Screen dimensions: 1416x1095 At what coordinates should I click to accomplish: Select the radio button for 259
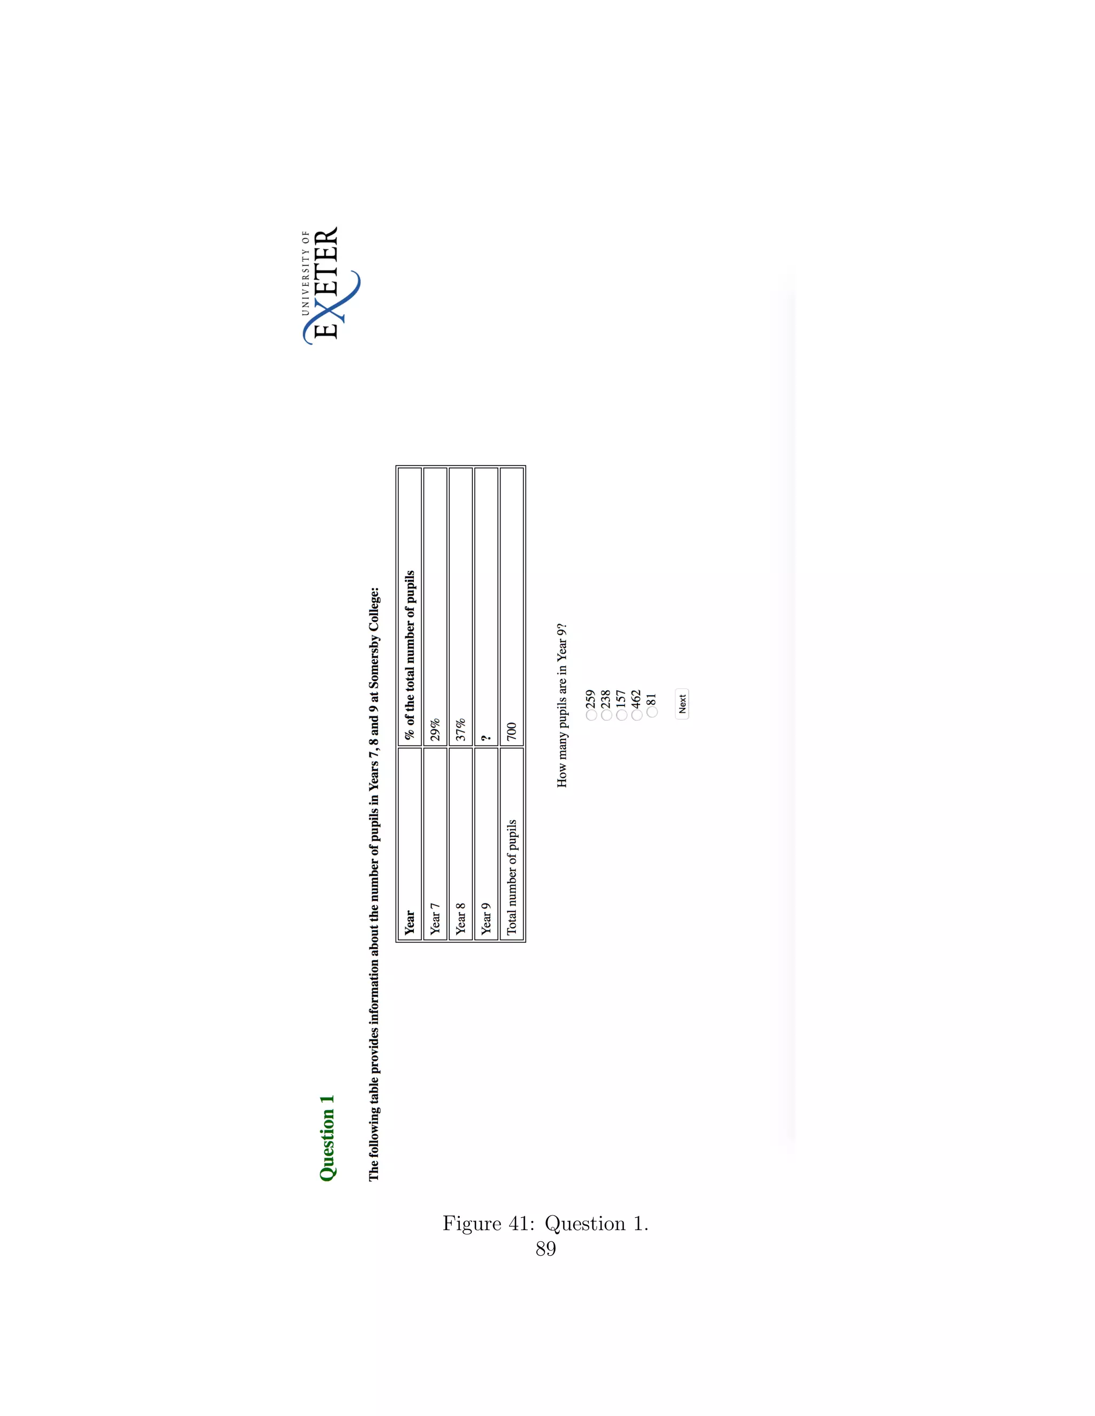coord(591,714)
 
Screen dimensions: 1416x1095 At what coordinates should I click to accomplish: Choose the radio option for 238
coord(606,714)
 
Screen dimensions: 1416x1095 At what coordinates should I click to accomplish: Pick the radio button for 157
coord(621,714)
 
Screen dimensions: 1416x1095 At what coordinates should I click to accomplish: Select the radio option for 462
coord(637,714)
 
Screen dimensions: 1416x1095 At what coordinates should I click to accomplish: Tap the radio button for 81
coord(652,712)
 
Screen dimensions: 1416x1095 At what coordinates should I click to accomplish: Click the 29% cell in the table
coord(435,729)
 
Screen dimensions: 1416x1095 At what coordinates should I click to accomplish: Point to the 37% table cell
coord(460,729)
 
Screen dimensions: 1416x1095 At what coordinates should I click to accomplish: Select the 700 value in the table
coord(512,732)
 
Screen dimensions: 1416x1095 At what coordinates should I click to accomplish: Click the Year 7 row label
coord(435,918)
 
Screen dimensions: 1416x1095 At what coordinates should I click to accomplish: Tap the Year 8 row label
coord(460,918)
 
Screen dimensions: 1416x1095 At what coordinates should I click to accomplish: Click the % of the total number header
coord(410,655)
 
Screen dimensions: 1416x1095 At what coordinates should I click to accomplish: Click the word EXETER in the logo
coord(326,283)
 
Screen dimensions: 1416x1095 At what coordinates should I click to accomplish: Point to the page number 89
coord(545,1249)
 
